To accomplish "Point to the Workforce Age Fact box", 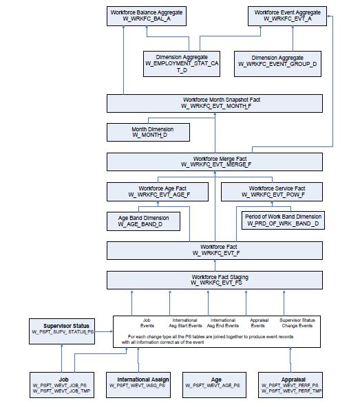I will click(x=162, y=191).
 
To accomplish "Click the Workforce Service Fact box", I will click(x=277, y=191).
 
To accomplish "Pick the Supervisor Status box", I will click(x=62, y=329).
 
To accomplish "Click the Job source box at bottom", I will click(x=63, y=382).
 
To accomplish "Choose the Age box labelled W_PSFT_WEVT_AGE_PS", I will click(x=215, y=382).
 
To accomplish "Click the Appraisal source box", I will click(x=289, y=382).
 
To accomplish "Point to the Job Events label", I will click(x=147, y=323).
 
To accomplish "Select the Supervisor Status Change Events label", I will click(x=297, y=323).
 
